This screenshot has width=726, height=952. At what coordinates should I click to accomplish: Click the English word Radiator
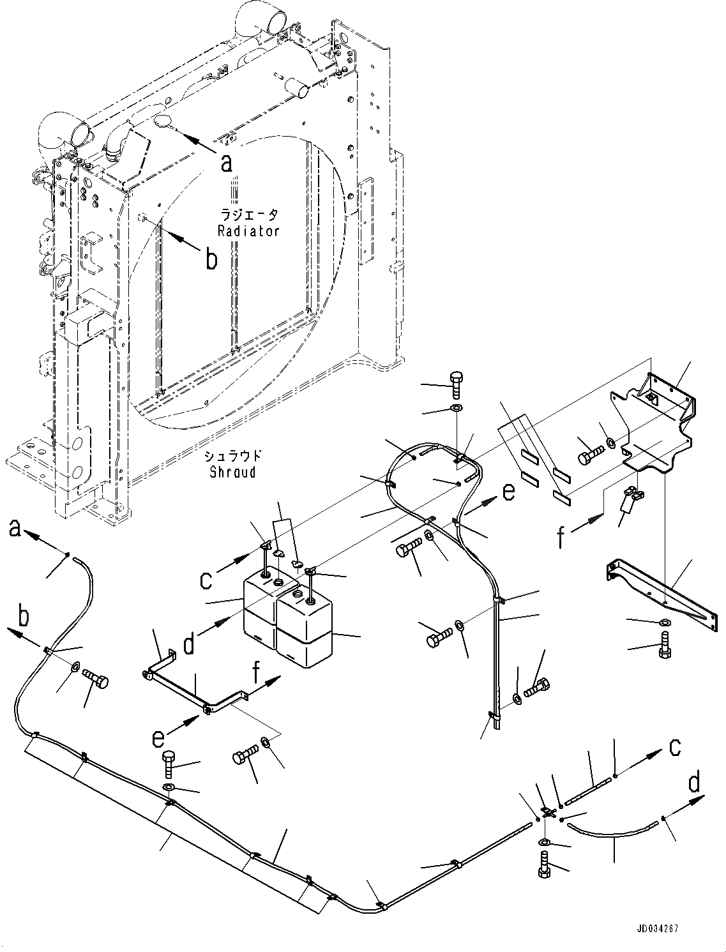pos(248,231)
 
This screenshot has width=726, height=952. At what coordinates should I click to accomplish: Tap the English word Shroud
pos(234,472)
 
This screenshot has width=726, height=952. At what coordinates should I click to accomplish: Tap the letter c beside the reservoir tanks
pos(206,580)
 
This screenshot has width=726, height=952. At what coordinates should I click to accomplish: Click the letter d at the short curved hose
pos(694,783)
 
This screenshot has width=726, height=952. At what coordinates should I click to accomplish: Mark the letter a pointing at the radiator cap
pos(226,164)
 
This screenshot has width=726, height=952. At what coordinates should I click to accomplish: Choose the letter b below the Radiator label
pos(210,260)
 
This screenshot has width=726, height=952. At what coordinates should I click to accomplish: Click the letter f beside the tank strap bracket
pos(561,537)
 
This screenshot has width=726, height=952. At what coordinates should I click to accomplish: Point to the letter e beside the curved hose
pos(507,492)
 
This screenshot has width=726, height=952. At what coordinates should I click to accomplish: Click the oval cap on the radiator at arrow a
pos(160,121)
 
